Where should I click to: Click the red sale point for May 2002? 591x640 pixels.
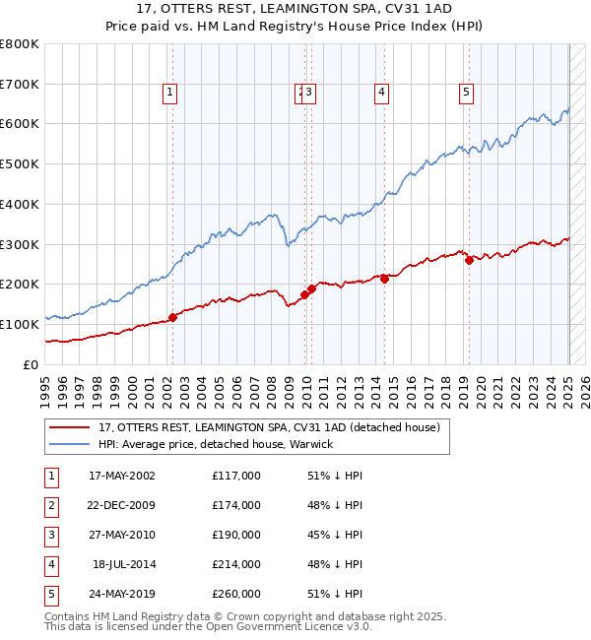[172, 317]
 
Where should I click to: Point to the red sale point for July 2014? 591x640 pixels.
[384, 279]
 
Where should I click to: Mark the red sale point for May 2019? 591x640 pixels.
[469, 260]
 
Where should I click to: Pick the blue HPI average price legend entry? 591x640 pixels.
[216, 445]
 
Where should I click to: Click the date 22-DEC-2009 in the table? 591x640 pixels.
[121, 505]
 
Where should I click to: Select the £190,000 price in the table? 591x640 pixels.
[236, 535]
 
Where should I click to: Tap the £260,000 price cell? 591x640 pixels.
[236, 594]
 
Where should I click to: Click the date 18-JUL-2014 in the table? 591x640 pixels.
[123, 564]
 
